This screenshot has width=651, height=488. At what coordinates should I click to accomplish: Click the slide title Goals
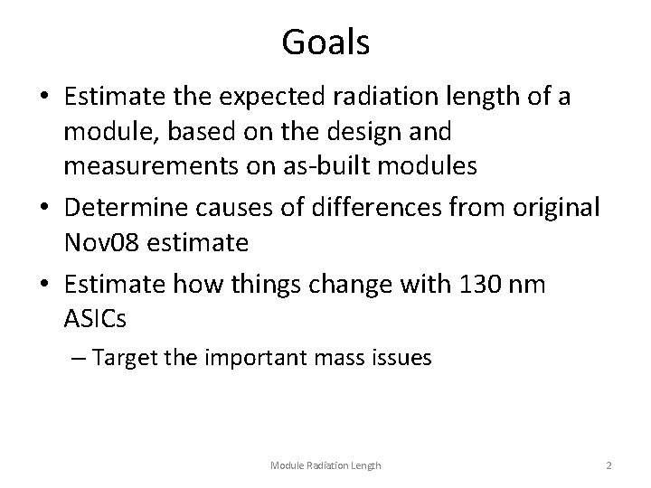325,42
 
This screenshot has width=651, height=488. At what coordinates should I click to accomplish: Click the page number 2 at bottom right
610,465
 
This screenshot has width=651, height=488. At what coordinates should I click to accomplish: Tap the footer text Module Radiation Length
326,465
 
